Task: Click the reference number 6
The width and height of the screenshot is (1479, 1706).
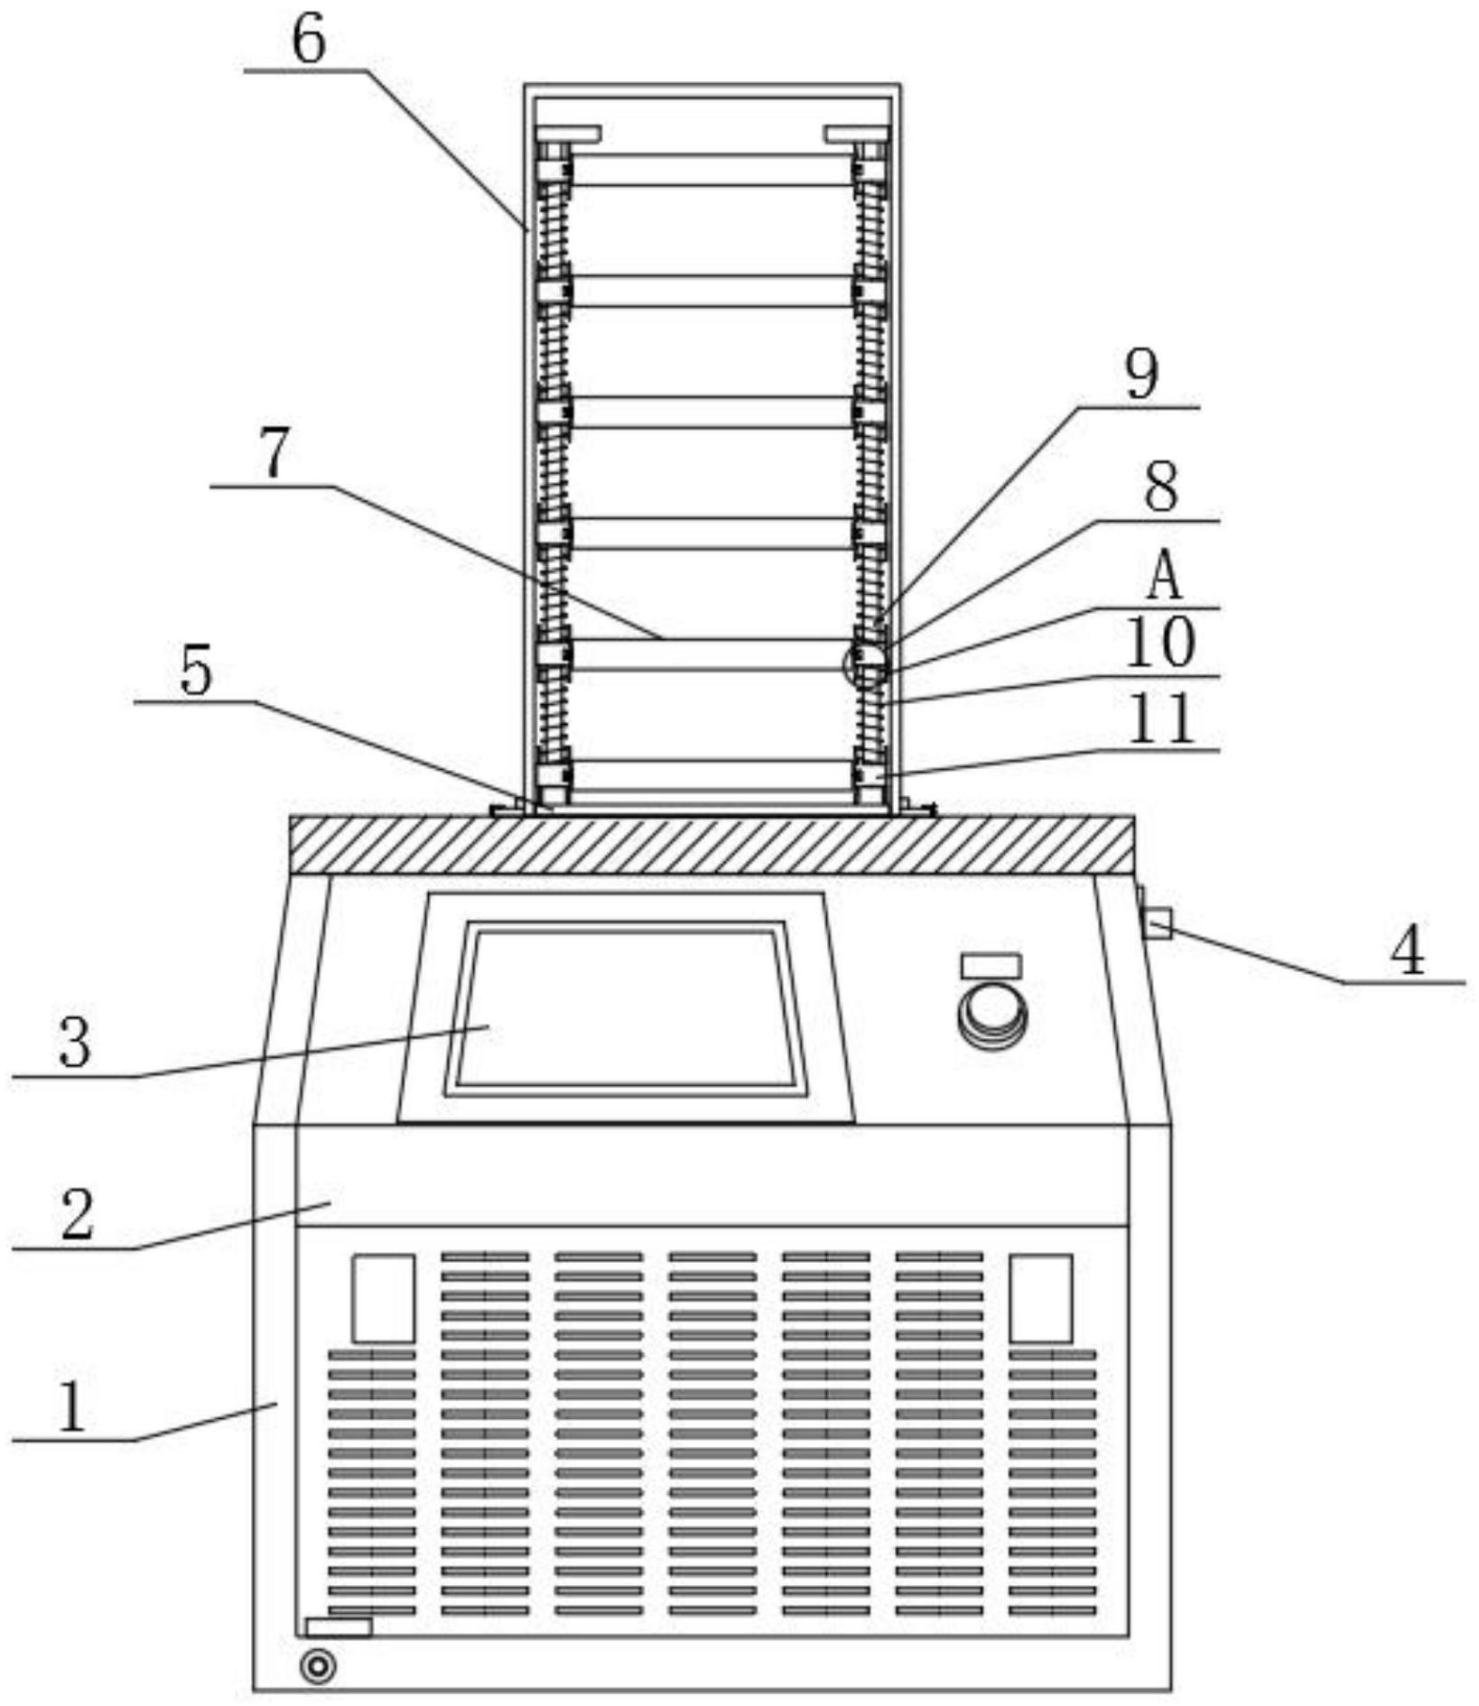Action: (x=309, y=40)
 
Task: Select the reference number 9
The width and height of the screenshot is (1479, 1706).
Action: (x=1141, y=374)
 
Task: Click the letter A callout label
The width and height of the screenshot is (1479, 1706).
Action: (x=1164, y=577)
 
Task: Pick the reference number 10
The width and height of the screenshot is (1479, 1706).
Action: (x=1161, y=643)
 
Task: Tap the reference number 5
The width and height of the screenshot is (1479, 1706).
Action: (x=196, y=671)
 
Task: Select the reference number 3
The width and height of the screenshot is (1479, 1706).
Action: (x=75, y=1042)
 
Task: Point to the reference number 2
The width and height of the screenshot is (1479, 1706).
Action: (x=77, y=1214)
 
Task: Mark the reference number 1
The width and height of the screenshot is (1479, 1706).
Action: (x=72, y=1407)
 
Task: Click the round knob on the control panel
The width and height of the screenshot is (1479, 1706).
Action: (x=992, y=1015)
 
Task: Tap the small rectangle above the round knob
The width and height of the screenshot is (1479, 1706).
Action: (x=991, y=965)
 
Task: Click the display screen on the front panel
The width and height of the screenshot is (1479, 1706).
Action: (x=627, y=1008)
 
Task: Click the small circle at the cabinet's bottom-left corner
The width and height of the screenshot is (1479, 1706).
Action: (x=318, y=1665)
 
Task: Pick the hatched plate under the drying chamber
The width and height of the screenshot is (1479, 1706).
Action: (x=712, y=844)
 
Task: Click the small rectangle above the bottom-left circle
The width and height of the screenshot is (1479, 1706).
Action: (x=339, y=1627)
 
